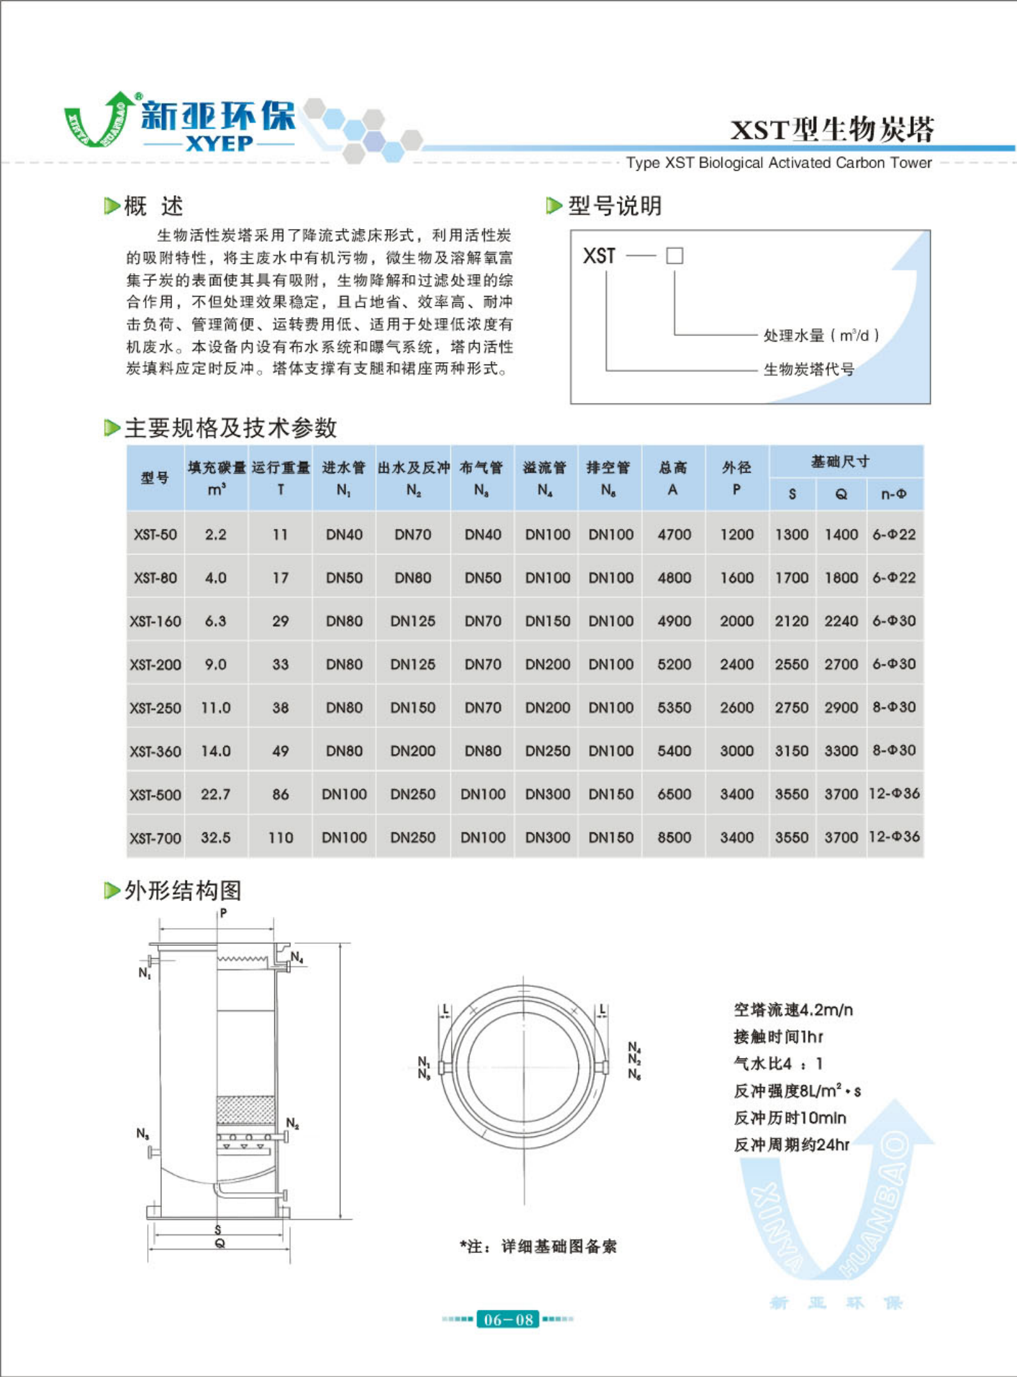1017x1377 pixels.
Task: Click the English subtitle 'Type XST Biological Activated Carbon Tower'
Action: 778,163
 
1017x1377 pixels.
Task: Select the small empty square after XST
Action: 674,256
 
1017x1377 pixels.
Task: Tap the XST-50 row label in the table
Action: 155,535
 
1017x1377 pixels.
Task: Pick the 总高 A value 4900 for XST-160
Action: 674,621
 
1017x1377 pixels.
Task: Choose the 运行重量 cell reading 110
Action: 280,837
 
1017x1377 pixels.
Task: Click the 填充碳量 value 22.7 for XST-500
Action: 216,794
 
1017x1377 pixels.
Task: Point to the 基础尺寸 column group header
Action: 840,462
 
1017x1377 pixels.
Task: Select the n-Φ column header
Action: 894,494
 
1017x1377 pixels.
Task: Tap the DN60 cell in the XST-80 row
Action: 413,578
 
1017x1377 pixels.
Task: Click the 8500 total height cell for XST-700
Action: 674,837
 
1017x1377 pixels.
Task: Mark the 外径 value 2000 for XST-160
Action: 736,621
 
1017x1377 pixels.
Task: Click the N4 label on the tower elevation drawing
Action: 297,957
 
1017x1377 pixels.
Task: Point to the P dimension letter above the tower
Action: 223,913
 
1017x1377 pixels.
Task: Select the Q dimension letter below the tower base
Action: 219,1243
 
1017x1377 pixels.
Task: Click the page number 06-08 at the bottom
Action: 508,1320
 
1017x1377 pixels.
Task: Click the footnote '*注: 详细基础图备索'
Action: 538,1246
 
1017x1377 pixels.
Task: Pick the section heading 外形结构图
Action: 182,890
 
